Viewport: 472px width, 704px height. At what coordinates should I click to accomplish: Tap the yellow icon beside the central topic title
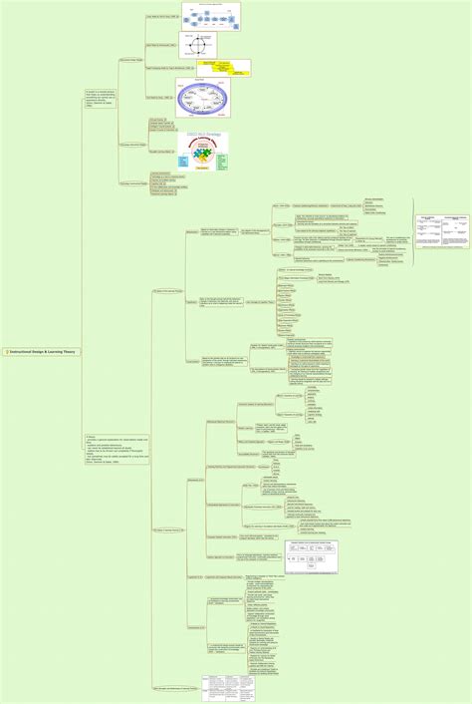click(x=7, y=352)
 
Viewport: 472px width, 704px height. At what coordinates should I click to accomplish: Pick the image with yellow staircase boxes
click(x=228, y=69)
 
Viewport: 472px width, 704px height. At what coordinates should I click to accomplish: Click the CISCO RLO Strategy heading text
click(x=203, y=136)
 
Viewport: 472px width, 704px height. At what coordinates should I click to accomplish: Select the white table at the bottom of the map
click(x=228, y=687)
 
